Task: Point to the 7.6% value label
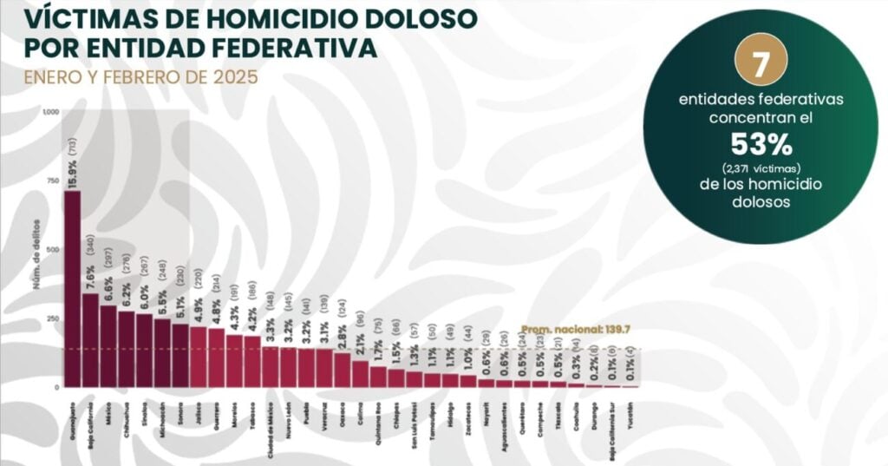90,270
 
